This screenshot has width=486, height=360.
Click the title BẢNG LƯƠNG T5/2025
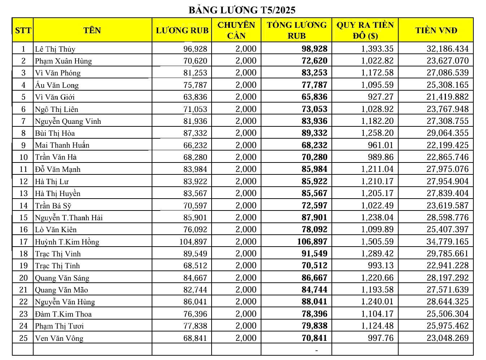(x=242, y=10)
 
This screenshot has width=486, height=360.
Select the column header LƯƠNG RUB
(x=182, y=30)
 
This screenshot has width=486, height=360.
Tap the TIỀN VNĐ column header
(x=436, y=30)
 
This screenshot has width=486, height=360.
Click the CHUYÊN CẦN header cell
(x=236, y=30)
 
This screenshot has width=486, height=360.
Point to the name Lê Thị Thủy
(x=55, y=49)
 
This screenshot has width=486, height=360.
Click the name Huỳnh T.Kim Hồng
(x=67, y=242)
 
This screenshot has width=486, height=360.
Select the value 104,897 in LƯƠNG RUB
(x=193, y=242)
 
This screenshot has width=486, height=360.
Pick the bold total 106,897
(x=312, y=242)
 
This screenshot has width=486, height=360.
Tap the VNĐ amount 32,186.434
(x=447, y=49)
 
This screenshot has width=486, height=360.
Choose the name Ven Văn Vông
(x=59, y=338)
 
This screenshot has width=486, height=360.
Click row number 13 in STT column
(x=23, y=194)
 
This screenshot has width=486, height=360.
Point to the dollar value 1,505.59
(x=377, y=242)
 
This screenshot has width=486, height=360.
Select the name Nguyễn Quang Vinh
(x=68, y=121)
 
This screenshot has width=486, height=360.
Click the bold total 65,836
(x=314, y=97)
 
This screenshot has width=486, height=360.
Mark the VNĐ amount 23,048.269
(x=447, y=338)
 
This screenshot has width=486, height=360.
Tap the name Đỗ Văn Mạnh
(x=57, y=169)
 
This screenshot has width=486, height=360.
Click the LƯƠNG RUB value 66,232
(x=195, y=145)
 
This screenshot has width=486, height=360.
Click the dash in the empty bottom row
(x=317, y=350)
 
